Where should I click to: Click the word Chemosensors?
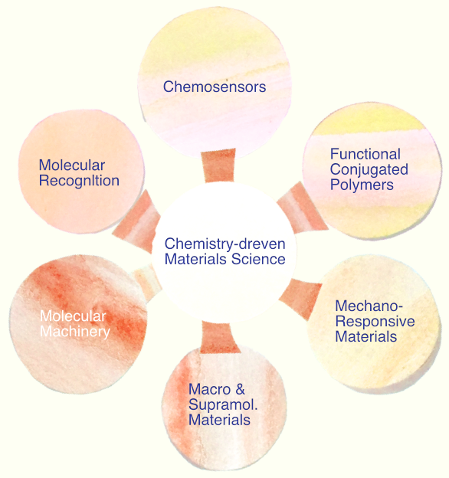[215, 87]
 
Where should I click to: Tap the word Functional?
[365, 154]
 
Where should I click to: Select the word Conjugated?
[369, 169]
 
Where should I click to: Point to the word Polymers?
[362, 185]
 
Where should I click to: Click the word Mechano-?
[369, 306]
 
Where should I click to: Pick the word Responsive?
[375, 321]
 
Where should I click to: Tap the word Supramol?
[223, 404]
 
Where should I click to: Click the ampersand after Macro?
[240, 389]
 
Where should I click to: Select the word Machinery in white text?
[75, 332]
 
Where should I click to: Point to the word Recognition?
[79, 181]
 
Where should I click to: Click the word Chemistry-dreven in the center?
[224, 244]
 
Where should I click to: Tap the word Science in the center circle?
[258, 260]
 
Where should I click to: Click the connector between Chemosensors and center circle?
[218, 165]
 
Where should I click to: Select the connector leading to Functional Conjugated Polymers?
[302, 208]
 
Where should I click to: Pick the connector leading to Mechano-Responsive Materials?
[300, 299]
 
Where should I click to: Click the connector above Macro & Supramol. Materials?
[219, 338]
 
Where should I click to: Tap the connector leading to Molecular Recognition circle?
[137, 221]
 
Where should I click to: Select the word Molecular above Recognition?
[72, 165]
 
